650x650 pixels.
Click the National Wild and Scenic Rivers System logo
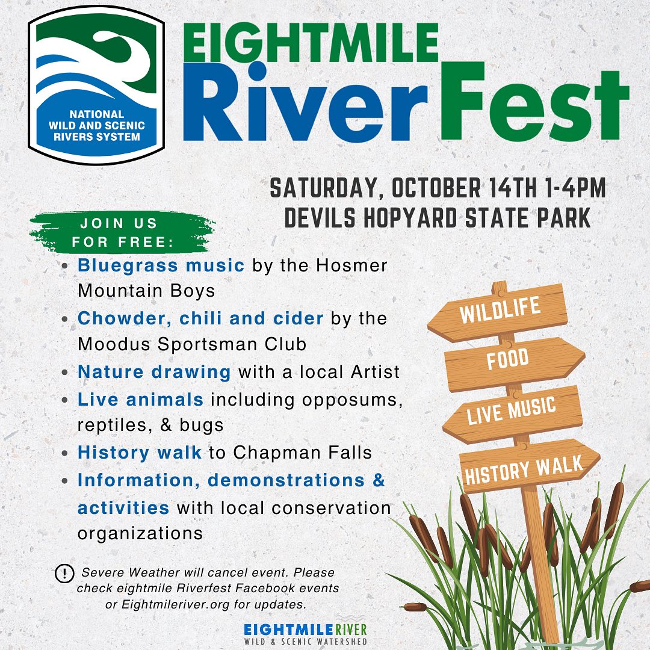click(x=96, y=85)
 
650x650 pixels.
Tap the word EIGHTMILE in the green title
click(x=311, y=43)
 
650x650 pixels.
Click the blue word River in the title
click(x=305, y=102)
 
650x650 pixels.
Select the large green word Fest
click(x=534, y=102)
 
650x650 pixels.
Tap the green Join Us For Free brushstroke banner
click(x=122, y=232)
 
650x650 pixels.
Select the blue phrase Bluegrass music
click(x=161, y=266)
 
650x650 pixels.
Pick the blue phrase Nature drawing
click(x=154, y=373)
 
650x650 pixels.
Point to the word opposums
click(x=352, y=400)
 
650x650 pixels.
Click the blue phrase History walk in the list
click(x=139, y=452)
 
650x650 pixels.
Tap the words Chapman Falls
click(x=303, y=452)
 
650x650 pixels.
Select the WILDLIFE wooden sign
click(x=498, y=312)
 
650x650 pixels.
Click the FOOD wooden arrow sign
click(x=515, y=364)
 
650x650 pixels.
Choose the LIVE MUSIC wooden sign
click(x=512, y=415)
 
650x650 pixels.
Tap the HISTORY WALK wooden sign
click(x=530, y=466)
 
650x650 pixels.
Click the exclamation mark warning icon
click(x=64, y=574)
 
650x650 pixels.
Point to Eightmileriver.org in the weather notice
click(x=175, y=605)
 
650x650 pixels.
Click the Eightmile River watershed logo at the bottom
click(x=306, y=633)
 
